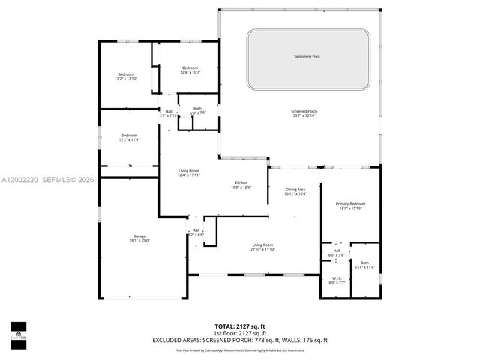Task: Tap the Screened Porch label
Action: tap(304, 112)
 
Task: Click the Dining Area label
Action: tap(296, 190)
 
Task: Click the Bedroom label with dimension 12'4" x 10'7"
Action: tap(190, 68)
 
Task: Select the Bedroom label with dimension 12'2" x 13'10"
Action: tap(125, 73)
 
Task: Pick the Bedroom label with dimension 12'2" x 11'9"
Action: tap(128, 136)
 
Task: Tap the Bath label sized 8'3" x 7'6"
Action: tap(197, 109)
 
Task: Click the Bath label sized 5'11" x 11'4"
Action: tap(364, 262)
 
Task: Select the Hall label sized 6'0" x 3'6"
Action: tap(337, 252)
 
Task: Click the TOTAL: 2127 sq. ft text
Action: tap(239, 325)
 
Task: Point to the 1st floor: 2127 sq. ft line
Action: tap(239, 332)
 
